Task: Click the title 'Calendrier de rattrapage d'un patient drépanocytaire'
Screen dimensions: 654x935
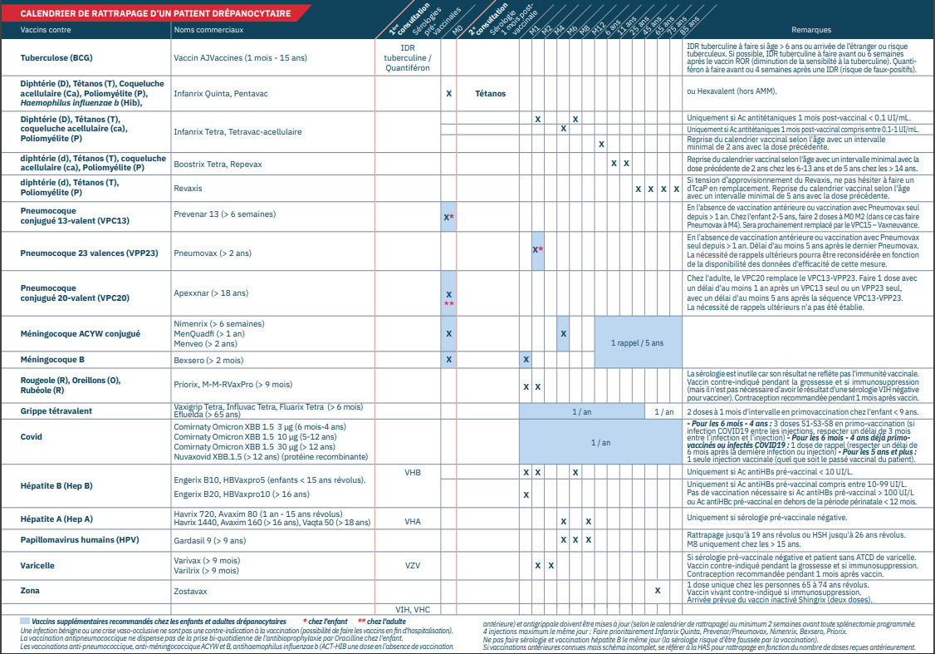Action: pos(156,14)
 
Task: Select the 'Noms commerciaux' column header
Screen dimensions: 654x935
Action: pos(208,30)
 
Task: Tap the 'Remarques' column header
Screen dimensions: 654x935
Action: pos(811,30)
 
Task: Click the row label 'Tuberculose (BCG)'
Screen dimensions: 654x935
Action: pos(56,57)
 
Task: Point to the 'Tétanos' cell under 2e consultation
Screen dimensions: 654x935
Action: pos(492,94)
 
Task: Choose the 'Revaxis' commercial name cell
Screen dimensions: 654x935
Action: pos(188,189)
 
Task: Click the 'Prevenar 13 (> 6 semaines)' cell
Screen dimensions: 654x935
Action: pos(224,214)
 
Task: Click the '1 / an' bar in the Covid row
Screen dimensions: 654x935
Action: pos(600,443)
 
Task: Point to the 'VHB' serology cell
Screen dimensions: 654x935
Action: pos(413,473)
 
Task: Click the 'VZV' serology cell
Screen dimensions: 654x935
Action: pos(413,565)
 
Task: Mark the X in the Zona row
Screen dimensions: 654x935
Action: pos(657,591)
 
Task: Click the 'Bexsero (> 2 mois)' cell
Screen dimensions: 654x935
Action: pos(208,360)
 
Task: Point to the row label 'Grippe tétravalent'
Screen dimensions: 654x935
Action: pos(56,411)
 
